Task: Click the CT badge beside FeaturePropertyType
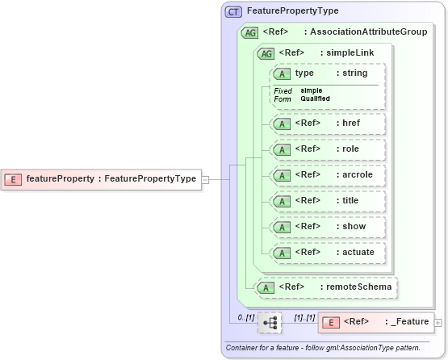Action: (233, 12)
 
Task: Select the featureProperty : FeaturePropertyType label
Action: (111, 179)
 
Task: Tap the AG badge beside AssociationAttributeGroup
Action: (249, 32)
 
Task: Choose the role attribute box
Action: (327, 149)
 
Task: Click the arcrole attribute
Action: (327, 175)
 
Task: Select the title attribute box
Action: (327, 201)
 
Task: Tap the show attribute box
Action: (327, 227)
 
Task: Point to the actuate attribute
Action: (327, 253)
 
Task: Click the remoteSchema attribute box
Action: (326, 287)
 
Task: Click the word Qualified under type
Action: (315, 98)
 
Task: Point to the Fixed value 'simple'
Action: (310, 90)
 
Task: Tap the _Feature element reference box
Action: (376, 322)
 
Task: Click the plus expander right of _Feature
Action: (438, 323)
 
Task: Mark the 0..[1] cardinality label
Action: (245, 317)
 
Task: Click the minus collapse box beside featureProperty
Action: (205, 179)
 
